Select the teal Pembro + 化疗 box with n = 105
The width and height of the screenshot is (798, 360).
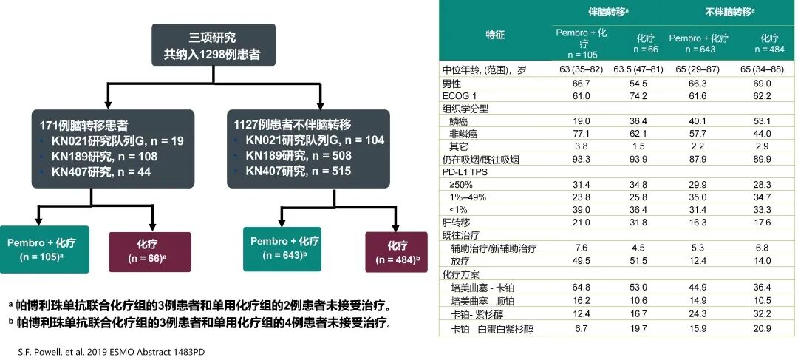[x=44, y=250]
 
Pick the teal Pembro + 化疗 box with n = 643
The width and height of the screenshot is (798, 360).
[x=284, y=249]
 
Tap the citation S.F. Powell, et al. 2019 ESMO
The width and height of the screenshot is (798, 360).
[x=110, y=351]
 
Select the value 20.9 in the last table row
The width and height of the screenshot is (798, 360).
[x=768, y=329]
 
